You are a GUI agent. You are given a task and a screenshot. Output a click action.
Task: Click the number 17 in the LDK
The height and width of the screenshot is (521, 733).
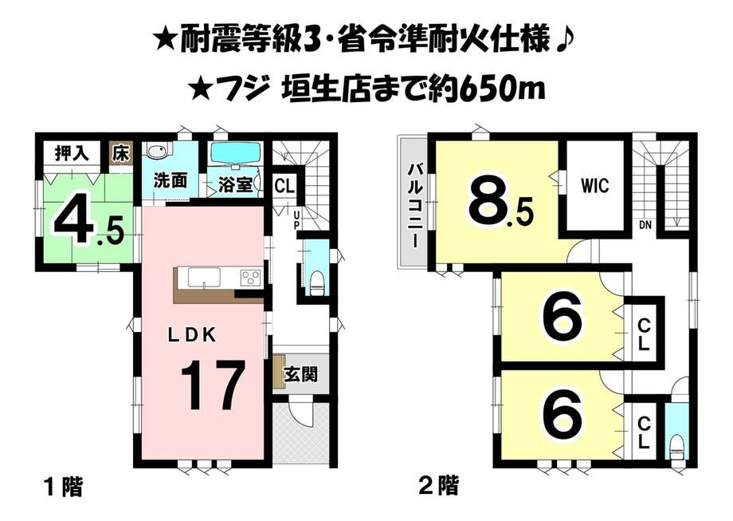(213, 385)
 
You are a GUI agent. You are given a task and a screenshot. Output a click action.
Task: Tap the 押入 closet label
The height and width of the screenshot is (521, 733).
(72, 153)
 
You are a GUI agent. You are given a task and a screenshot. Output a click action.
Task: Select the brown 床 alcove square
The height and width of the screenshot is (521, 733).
(120, 152)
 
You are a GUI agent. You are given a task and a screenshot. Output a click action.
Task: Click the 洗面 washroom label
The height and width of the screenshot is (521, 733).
(171, 180)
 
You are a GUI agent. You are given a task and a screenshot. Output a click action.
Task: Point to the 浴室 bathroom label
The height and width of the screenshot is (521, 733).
(236, 185)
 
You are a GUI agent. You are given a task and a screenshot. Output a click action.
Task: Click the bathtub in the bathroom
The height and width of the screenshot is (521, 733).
(235, 152)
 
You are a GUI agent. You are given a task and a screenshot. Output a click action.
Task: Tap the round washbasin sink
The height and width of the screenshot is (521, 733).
(153, 152)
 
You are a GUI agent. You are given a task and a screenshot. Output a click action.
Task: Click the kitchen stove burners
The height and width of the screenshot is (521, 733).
(251, 278)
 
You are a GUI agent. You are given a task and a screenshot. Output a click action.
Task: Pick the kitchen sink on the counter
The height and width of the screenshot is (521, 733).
(204, 277)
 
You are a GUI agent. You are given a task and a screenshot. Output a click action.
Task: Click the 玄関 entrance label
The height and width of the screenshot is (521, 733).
(300, 374)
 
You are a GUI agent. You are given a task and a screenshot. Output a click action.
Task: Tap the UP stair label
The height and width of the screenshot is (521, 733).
(296, 220)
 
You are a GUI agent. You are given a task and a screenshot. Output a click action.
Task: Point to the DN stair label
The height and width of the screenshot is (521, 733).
(645, 225)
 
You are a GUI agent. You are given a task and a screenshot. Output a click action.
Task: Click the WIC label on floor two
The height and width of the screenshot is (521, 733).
(595, 186)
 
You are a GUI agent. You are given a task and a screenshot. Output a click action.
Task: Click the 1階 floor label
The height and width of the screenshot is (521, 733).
(64, 487)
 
